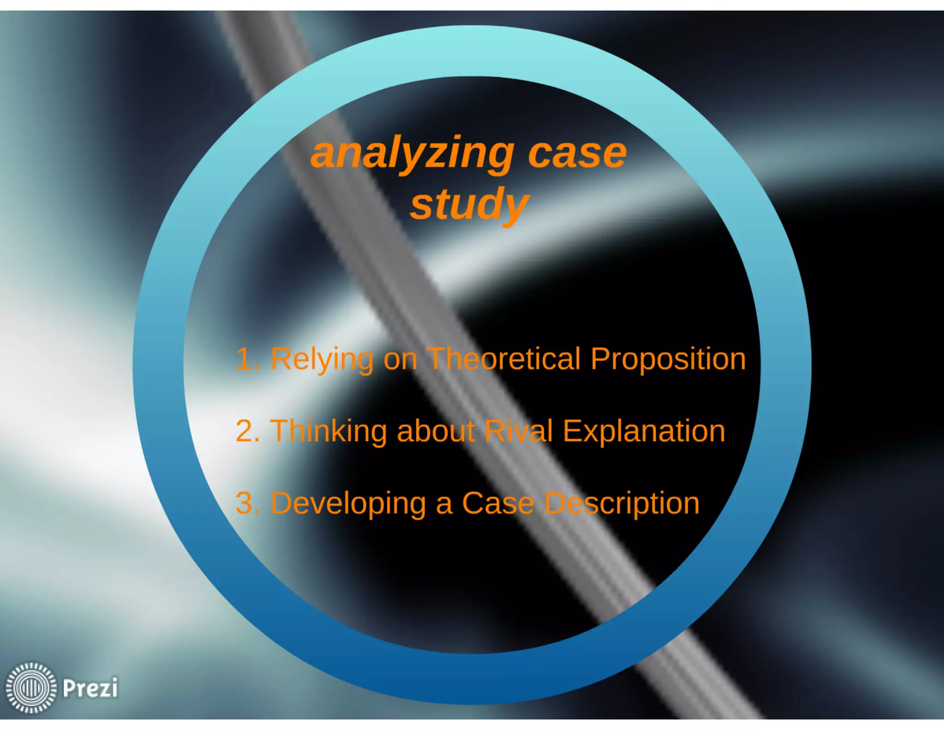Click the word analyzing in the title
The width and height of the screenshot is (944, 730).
point(412,154)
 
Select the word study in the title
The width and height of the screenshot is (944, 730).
point(469,204)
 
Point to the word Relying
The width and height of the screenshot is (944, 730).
point(322,359)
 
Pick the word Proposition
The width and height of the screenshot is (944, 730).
point(668,359)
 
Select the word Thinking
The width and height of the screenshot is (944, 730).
point(328,431)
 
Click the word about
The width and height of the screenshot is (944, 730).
point(436,431)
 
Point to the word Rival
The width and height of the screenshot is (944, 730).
point(519,431)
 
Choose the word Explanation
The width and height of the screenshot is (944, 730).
point(644,431)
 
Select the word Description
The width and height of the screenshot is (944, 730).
point(622,503)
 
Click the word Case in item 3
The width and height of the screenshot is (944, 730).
point(498,503)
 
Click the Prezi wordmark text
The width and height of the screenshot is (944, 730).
point(90,688)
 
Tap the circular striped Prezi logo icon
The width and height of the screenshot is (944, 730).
point(31,688)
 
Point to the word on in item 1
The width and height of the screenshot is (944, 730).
point(400,359)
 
